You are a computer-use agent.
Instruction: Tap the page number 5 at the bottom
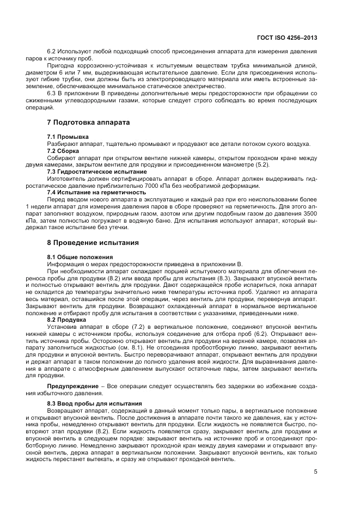(315, 471)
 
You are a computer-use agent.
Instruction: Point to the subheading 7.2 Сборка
(63, 150)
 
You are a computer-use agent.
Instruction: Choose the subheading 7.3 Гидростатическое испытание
(96, 171)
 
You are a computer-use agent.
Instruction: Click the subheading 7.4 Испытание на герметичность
(96, 193)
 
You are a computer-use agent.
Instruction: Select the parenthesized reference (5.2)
(263, 164)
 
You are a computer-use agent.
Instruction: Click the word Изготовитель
(65, 179)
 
